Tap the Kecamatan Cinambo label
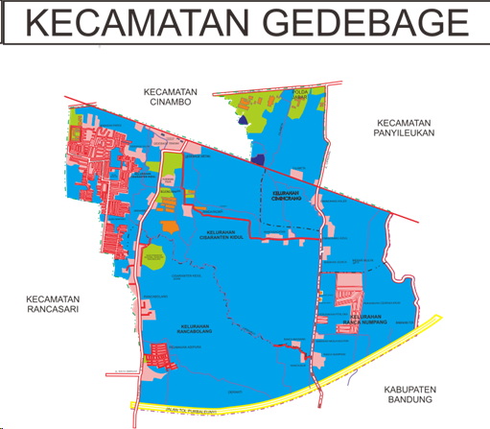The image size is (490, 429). point(170,98)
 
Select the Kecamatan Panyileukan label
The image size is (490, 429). point(406,129)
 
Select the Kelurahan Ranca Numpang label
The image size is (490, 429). point(373,319)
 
